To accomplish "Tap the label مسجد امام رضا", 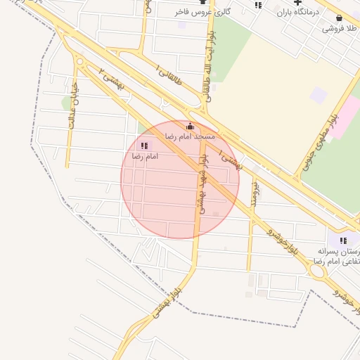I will [189, 135].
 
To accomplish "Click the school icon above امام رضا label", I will [145, 146].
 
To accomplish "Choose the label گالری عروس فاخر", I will [203, 12].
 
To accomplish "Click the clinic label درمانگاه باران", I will [297, 13].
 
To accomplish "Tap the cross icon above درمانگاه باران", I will [297, 3].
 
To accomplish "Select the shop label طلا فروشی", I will [340, 28].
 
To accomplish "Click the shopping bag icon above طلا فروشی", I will [340, 18].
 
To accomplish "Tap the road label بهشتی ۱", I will [230, 159].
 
